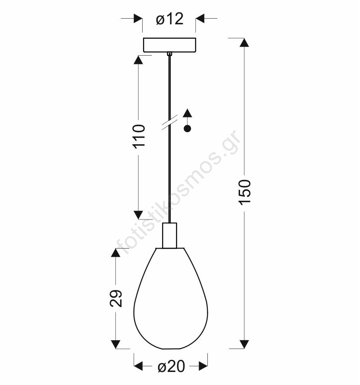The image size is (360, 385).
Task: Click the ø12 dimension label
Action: coord(170,19)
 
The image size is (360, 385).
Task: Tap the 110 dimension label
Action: coord(139,136)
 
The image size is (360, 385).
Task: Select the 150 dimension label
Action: coord(245,192)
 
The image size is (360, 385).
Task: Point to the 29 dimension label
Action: coord(116,299)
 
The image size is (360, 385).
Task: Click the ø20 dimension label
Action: coord(171,367)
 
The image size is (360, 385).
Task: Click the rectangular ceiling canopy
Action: coord(170,45)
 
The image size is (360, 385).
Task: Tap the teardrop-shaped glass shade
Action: coord(170,299)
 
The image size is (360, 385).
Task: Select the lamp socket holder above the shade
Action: coord(170,236)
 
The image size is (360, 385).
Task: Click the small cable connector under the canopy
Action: coord(169,54)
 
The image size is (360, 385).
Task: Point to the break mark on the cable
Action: coord(170,122)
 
